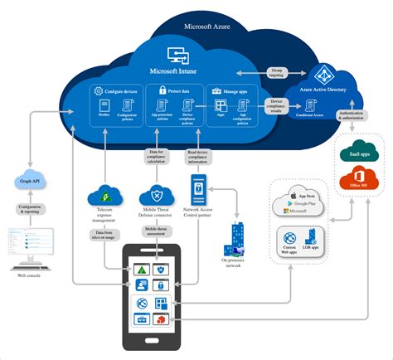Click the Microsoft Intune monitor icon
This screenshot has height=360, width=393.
(x=178, y=56)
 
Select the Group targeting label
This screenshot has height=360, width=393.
(x=274, y=73)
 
